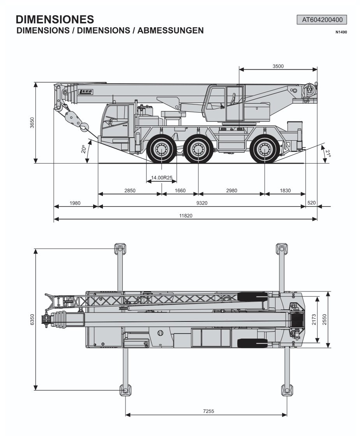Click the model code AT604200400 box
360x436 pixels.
(x=322, y=20)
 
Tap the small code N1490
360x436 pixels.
(x=341, y=32)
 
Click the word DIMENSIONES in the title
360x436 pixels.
(x=55, y=19)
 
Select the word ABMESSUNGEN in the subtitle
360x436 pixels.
(x=170, y=30)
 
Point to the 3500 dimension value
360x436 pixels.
(x=278, y=66)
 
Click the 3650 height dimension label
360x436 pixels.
(x=32, y=123)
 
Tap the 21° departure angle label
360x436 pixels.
(x=328, y=153)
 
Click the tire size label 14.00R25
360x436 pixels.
(x=162, y=178)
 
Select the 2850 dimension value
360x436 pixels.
(x=130, y=191)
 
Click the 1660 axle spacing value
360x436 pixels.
(x=180, y=191)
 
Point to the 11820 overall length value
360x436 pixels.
(x=186, y=215)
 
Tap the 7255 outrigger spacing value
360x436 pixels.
(x=208, y=411)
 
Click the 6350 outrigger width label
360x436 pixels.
(x=32, y=319)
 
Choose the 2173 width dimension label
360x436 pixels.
(x=314, y=319)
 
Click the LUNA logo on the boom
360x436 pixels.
(x=85, y=92)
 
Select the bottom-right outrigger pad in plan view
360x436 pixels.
(x=287, y=390)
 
